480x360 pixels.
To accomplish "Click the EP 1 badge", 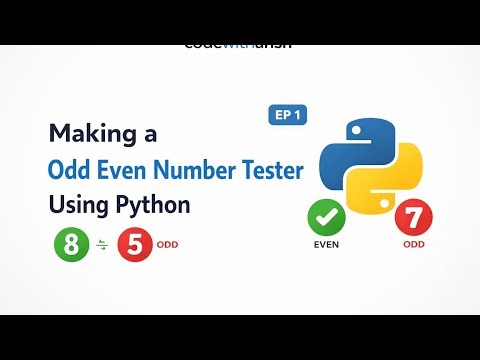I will [289, 115].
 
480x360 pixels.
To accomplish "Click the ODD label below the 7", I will [413, 245].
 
